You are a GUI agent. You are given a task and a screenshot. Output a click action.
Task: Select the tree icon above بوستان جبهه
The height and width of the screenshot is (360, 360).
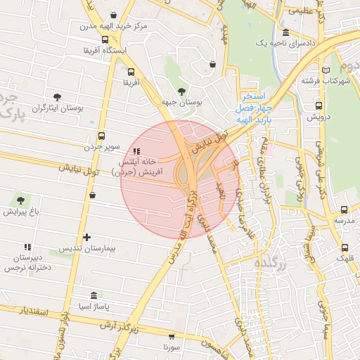click(182, 91)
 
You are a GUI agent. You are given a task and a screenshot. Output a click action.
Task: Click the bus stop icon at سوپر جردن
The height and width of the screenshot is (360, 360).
click(101, 136)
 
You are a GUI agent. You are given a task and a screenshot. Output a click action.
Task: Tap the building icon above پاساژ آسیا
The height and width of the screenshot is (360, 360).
click(94, 296)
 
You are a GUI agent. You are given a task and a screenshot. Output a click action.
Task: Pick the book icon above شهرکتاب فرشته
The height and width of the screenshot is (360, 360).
click(325, 70)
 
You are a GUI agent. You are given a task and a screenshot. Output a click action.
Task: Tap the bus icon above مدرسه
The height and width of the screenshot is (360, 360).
click(344, 210)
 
